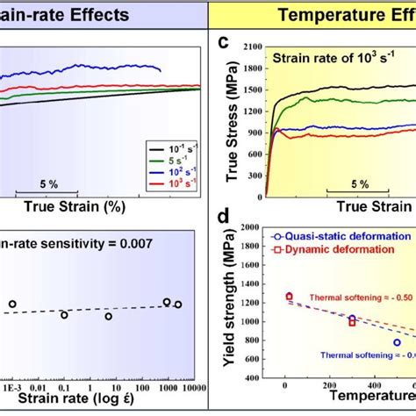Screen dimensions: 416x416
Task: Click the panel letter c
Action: click(x=225, y=41)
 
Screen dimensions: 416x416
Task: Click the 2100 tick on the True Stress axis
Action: click(x=250, y=45)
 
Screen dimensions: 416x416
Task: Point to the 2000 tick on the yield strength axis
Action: click(x=250, y=227)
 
